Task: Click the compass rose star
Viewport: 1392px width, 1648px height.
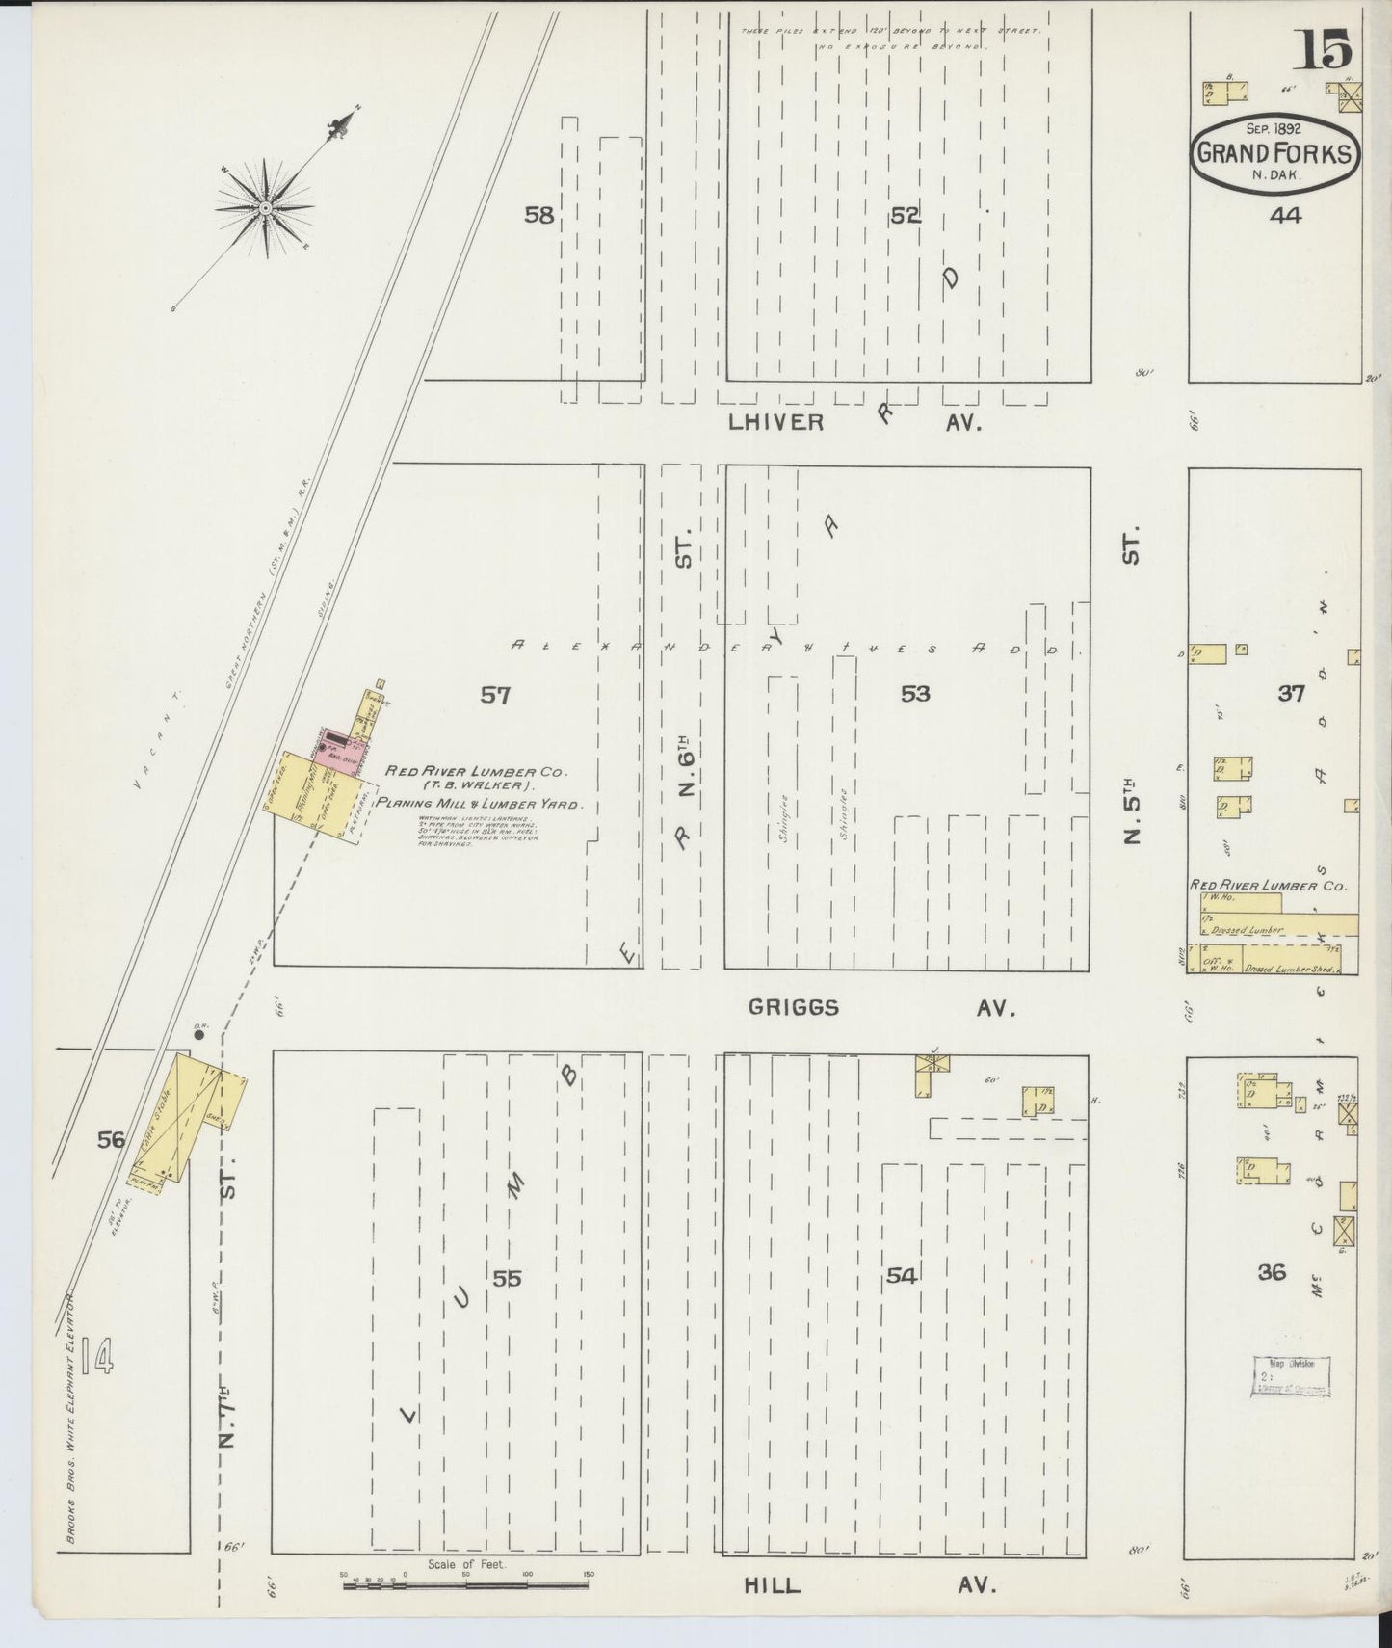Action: [265, 207]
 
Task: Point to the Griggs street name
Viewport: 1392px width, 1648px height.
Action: [794, 1008]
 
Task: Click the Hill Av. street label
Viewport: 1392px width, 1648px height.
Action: [773, 1585]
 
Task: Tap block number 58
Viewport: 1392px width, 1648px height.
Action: [538, 215]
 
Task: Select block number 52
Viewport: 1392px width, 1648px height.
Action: [906, 216]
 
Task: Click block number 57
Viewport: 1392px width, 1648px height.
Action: [495, 694]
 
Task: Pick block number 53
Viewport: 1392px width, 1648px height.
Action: [915, 693]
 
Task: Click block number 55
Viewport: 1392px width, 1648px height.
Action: [507, 1279]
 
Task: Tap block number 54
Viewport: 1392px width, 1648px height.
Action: [901, 1276]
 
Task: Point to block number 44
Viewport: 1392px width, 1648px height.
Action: [1285, 216]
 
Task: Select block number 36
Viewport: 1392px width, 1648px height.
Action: [1272, 1272]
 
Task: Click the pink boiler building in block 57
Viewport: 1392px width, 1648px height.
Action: [332, 751]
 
